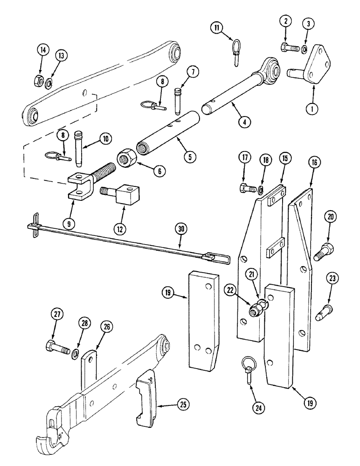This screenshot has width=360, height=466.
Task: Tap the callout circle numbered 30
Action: coord(180,229)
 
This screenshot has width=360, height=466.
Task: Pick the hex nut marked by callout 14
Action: coord(39,82)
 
